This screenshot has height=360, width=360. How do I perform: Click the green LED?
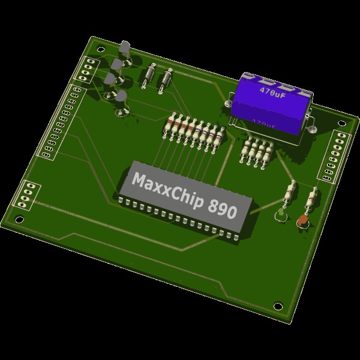click(280, 214)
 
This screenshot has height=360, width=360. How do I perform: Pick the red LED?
click(303, 221)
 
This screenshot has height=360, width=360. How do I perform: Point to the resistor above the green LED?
click(290, 193)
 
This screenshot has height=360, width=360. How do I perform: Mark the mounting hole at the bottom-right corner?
click(278, 306)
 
